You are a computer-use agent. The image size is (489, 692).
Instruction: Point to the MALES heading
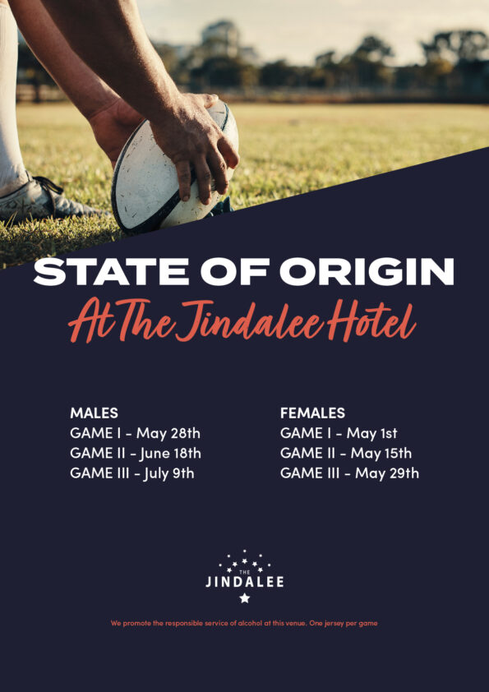[94, 413]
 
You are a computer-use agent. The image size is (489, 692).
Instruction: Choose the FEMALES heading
[312, 413]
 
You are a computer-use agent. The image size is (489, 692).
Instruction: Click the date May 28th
[168, 434]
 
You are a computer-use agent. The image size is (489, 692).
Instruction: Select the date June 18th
[171, 453]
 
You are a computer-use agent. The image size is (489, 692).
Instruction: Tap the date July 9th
[168, 473]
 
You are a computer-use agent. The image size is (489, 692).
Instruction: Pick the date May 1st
[371, 434]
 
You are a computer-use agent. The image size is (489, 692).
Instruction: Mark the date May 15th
[381, 453]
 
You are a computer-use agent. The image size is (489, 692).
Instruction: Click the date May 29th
[387, 473]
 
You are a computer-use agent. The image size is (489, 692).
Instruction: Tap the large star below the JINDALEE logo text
[245, 598]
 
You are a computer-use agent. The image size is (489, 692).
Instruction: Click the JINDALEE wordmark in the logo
[245, 582]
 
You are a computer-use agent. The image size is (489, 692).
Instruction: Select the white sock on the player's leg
[10, 97]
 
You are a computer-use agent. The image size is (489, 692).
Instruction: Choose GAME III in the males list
[99, 473]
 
